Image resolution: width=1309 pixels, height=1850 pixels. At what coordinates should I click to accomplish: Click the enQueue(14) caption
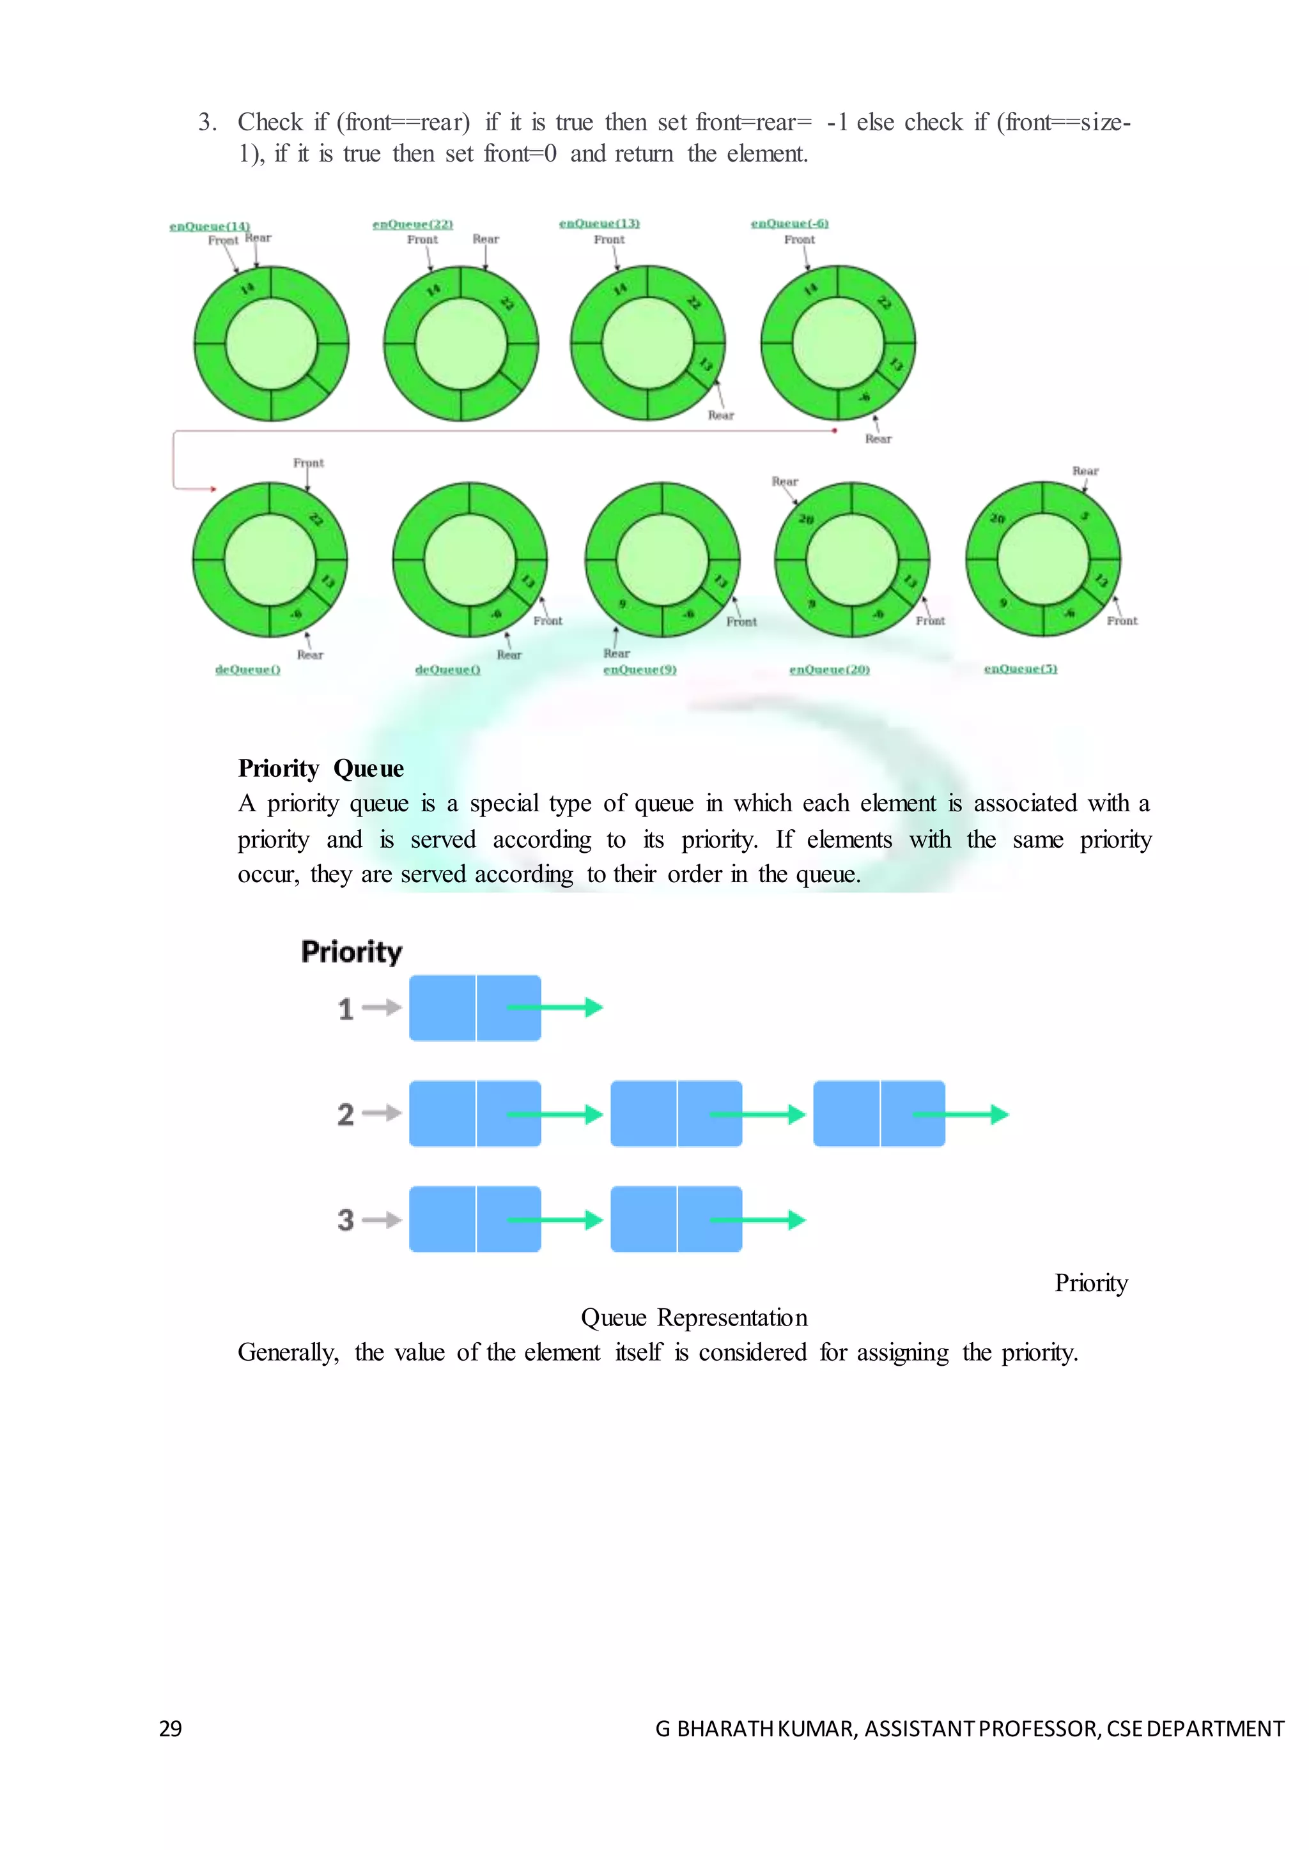coord(210,226)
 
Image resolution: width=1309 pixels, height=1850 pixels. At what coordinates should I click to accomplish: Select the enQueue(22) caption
coord(413,224)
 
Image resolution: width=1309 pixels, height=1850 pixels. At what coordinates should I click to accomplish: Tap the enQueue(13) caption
coord(600,223)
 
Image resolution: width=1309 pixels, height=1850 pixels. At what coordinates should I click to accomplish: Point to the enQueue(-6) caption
coord(790,223)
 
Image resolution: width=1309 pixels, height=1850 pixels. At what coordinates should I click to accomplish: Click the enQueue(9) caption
coord(640,669)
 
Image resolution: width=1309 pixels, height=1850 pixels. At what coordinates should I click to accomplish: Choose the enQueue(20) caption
coord(830,669)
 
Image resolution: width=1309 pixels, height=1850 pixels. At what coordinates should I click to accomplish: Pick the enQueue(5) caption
coord(1021,669)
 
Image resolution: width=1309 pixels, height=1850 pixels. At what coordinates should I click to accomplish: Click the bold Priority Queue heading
coord(321,768)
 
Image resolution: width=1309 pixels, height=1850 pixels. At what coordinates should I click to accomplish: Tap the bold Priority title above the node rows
coord(352,952)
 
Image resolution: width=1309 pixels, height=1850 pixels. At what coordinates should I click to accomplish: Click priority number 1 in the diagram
coord(346,1009)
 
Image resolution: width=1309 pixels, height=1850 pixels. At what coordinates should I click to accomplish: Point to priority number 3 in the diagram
coord(346,1220)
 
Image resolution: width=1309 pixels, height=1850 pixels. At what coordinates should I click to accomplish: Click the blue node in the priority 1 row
coord(475,1008)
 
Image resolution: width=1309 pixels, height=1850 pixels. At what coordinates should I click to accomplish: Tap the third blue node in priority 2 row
coord(879,1113)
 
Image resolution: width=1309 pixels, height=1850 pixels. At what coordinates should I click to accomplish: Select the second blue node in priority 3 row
coord(676,1219)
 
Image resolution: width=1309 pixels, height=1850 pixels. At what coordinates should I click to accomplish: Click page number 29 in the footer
coord(171,1729)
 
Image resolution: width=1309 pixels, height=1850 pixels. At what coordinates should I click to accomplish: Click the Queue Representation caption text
coord(694,1317)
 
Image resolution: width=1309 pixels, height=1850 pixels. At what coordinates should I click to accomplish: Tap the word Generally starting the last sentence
coord(288,1352)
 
